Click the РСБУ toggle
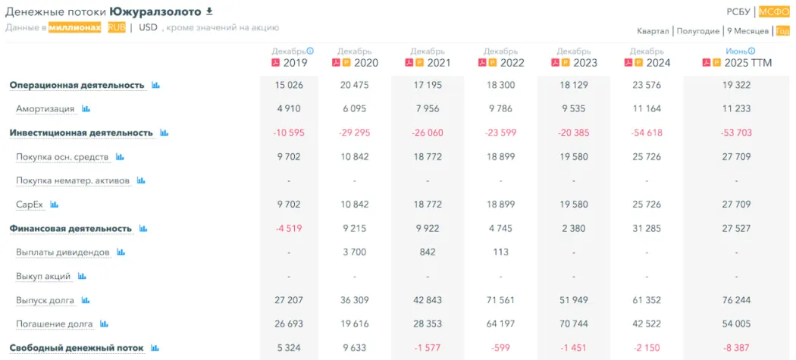coord(738,11)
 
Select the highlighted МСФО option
coord(774,11)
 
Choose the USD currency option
coord(148,27)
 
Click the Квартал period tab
coord(653,31)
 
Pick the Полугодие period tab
coord(697,31)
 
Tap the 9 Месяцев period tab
coord(747,31)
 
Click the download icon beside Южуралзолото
coord(209,11)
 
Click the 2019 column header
coord(296,63)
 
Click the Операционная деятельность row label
coord(77,85)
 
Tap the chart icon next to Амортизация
coord(86,109)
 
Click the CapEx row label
coord(30,205)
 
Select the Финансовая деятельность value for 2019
coord(289,228)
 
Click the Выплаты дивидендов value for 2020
coord(355,252)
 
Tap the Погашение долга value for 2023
coord(574,324)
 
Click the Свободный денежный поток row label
coord(77,348)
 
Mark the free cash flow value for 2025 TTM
coord(736,348)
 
